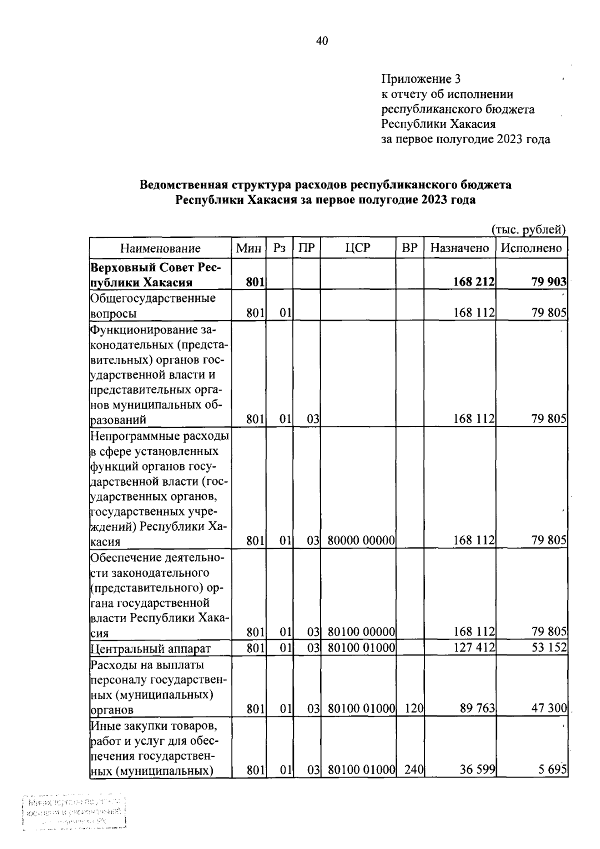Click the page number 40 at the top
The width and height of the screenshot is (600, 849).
coord(321,41)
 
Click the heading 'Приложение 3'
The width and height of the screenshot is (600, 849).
coord(420,79)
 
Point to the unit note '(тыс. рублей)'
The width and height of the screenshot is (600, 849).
coord(528,229)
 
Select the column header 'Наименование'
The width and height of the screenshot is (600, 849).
coord(160,248)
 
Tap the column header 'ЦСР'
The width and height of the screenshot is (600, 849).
coord(358,248)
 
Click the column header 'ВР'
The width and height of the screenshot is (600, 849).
coord(409,248)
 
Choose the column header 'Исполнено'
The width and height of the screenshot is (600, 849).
coord(531,248)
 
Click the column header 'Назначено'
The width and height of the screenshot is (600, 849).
coord(459,248)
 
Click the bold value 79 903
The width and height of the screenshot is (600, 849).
coord(548,282)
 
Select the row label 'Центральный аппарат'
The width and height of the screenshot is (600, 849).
coord(150,649)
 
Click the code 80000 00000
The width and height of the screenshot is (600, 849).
coord(361,540)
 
